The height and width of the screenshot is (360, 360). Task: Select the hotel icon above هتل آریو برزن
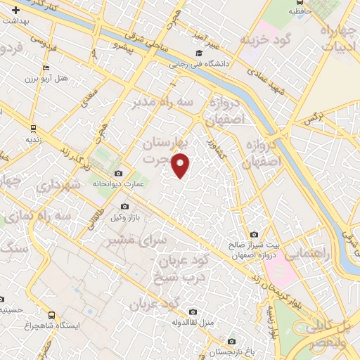46,68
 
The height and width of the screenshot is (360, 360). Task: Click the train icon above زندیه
33,129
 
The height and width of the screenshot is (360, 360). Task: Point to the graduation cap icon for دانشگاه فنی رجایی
199,53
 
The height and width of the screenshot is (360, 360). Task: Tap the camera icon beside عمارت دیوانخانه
118,174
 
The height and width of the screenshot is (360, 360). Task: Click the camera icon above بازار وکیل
124,206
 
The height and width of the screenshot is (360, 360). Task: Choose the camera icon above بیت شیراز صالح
254,235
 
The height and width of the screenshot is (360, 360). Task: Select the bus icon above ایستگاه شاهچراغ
51,316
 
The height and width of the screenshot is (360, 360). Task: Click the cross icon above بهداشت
16,11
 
